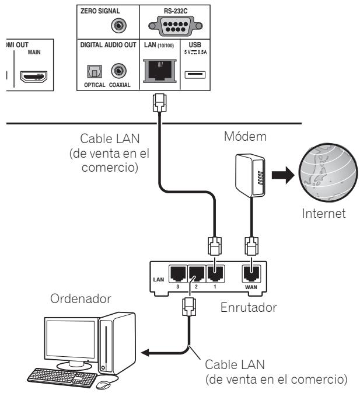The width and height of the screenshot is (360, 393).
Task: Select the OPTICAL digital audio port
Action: (91, 71)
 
